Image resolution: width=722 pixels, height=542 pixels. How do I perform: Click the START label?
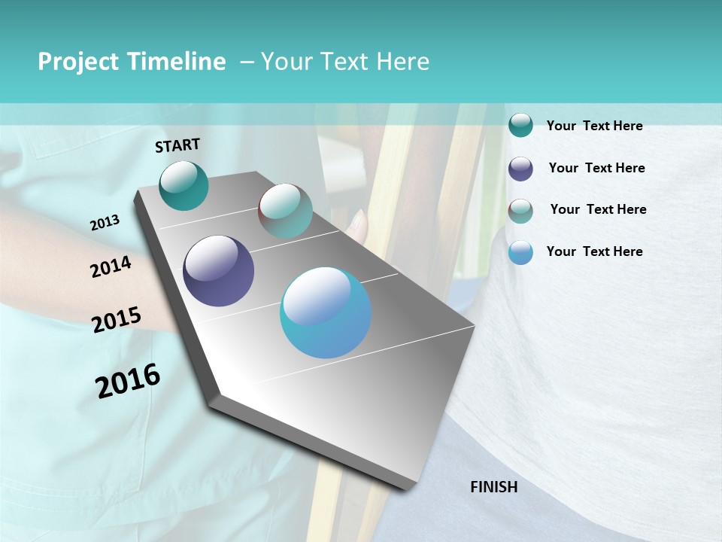(177, 145)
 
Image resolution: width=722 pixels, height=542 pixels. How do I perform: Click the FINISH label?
(493, 487)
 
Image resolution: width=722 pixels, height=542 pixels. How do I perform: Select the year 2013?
(105, 223)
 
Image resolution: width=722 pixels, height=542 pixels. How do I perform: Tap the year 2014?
(111, 267)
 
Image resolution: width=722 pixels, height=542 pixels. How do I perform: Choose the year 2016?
(128, 381)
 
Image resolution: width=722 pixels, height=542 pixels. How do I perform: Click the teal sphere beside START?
(184, 185)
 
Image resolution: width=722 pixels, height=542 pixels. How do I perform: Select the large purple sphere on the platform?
(218, 271)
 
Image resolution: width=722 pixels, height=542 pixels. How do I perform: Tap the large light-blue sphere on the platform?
(326, 312)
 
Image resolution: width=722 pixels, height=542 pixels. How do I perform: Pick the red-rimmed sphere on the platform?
(285, 211)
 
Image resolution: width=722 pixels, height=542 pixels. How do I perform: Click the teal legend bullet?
(520, 125)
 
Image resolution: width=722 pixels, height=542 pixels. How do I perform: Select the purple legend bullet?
(520, 169)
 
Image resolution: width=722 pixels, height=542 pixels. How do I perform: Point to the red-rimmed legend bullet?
(520, 211)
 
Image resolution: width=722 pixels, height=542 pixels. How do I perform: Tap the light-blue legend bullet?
(520, 253)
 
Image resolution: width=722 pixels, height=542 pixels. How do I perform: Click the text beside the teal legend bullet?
(594, 126)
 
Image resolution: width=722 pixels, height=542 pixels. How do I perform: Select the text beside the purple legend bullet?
(596, 168)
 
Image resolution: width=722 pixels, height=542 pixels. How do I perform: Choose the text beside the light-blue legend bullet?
(594, 251)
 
